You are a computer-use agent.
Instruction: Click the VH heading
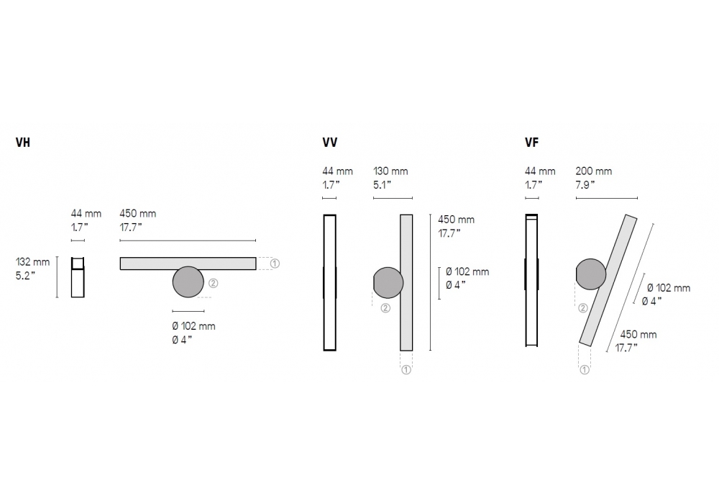coord(23,143)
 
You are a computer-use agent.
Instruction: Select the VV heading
coord(330,143)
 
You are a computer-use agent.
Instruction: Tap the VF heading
coord(531,143)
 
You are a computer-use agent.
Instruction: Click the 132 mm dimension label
coord(32,262)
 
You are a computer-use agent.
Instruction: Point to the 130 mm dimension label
coord(390,171)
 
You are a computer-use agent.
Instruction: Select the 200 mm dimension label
coord(594,171)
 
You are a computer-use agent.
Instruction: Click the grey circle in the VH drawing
coord(188,282)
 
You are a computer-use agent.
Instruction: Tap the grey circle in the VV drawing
coord(388,283)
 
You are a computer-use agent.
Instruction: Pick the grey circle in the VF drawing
coord(591,274)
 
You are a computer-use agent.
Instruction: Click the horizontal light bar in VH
coord(188,264)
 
